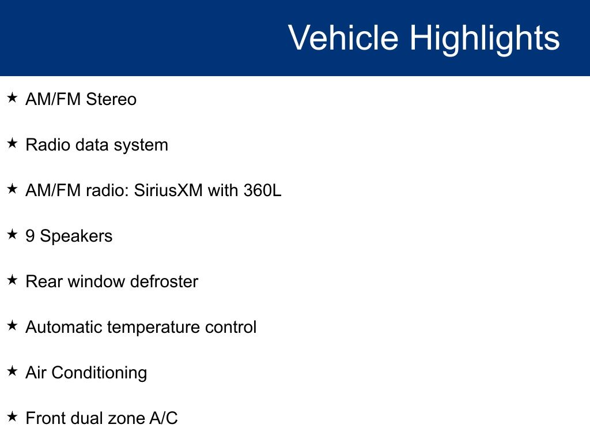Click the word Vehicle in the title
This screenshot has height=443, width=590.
point(343,37)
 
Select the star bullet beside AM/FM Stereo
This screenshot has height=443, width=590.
point(13,97)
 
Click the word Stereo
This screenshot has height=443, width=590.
point(111,99)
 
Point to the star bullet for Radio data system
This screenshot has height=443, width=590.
point(13,143)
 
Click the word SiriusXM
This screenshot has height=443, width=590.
point(168,190)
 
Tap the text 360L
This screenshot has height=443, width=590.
point(262,190)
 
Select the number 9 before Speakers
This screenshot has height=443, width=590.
point(30,236)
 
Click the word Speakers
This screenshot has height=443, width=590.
point(76,236)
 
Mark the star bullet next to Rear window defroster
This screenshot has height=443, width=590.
point(13,280)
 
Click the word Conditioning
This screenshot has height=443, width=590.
point(99,374)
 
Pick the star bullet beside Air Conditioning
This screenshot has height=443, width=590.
point(13,371)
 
